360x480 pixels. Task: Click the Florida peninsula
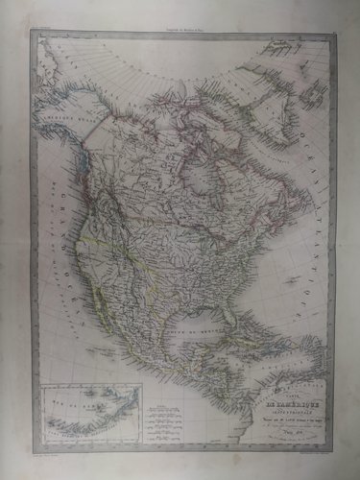pyautogui.click(x=234, y=322)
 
